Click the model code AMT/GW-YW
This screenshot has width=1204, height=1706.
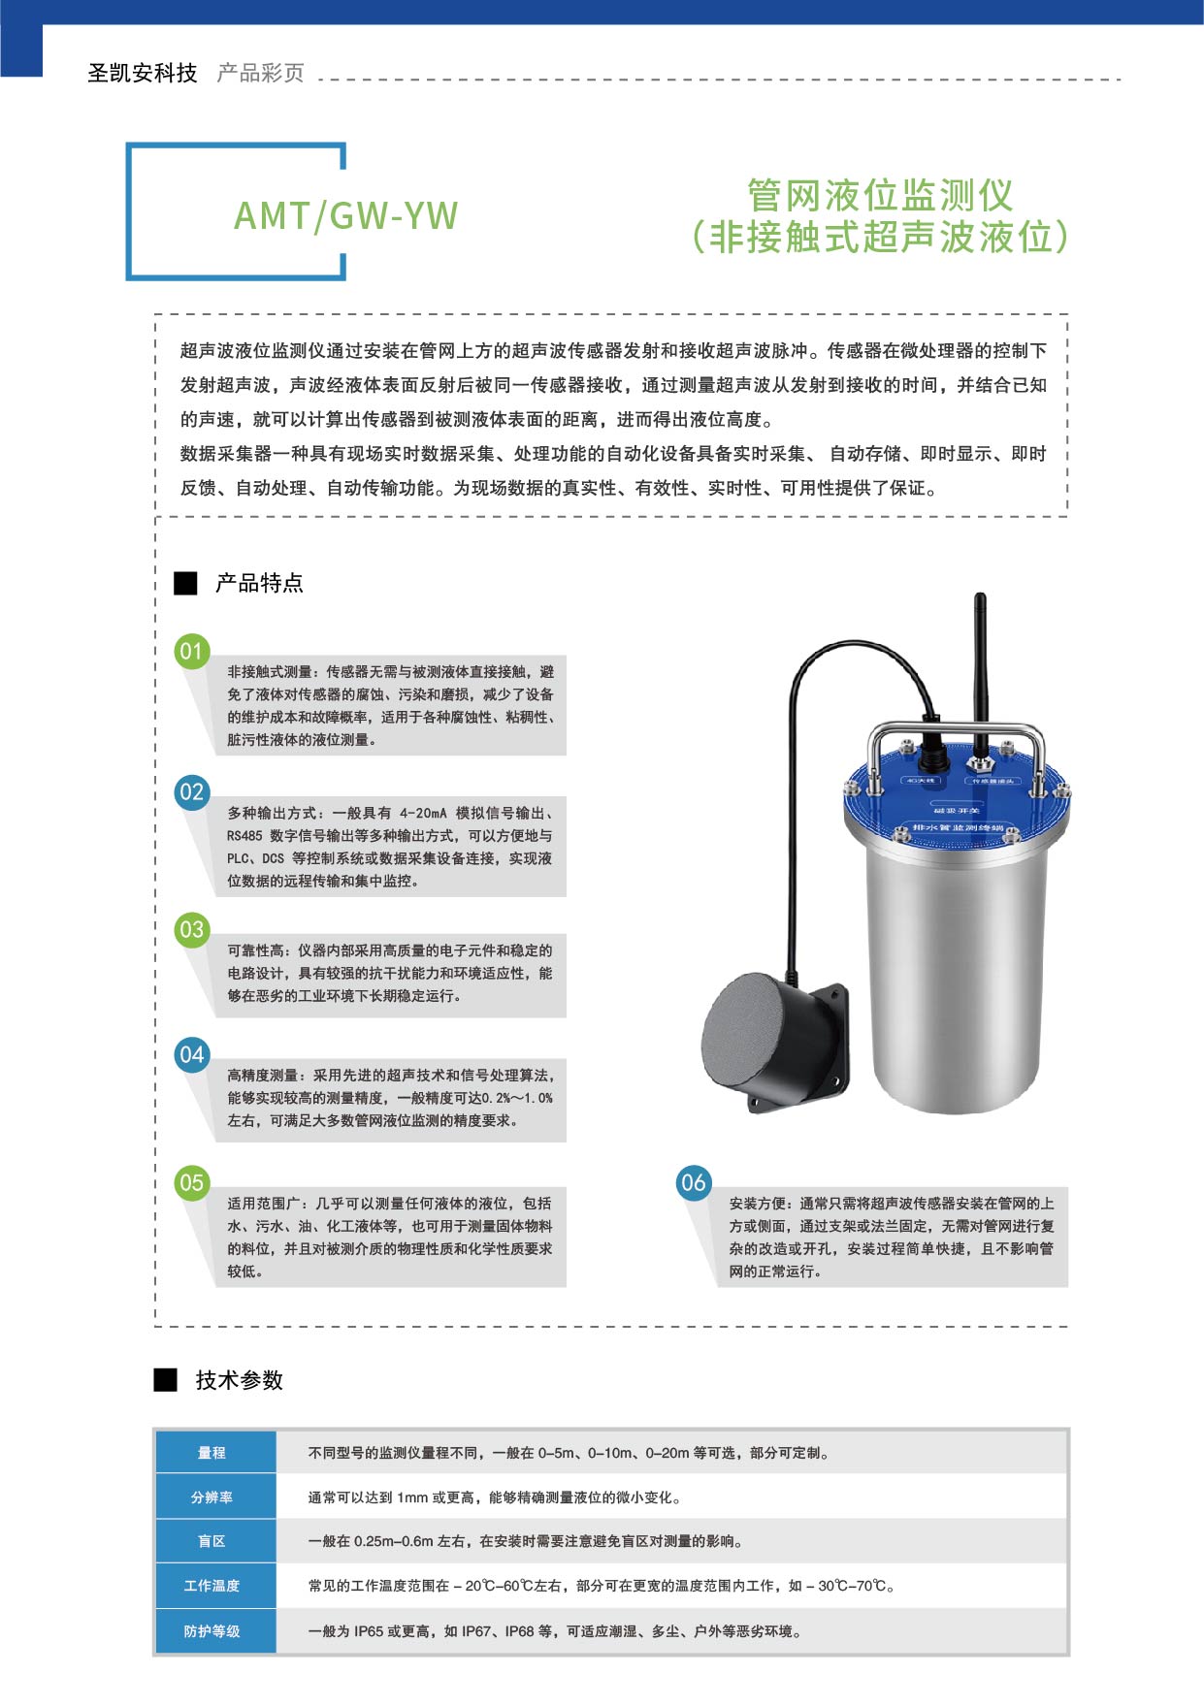[x=345, y=215]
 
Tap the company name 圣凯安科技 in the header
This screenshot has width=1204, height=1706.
[x=143, y=73]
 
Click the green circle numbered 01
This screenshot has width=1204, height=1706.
[x=192, y=651]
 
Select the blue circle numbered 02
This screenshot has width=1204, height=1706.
[x=192, y=791]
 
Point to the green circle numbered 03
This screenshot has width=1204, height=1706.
[x=192, y=929]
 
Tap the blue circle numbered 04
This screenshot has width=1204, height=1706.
[x=192, y=1054]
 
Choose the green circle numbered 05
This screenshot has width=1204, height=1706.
[x=192, y=1182]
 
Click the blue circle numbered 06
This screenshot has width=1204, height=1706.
[x=693, y=1182]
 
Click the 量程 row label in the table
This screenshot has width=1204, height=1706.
[x=212, y=1452]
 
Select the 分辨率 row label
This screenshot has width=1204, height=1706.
[x=212, y=1497]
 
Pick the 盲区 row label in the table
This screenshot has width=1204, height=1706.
[x=212, y=1540]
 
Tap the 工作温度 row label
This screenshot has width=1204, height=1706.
[x=212, y=1585]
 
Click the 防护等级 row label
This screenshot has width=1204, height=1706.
[x=212, y=1630]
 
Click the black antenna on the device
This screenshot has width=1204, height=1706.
[x=980, y=660]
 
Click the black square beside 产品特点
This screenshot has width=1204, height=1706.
[x=185, y=583]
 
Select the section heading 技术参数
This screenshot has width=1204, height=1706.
[x=239, y=1379]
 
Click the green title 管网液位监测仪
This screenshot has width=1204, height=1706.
[x=879, y=195]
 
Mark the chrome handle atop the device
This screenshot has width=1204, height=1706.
[x=956, y=729]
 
